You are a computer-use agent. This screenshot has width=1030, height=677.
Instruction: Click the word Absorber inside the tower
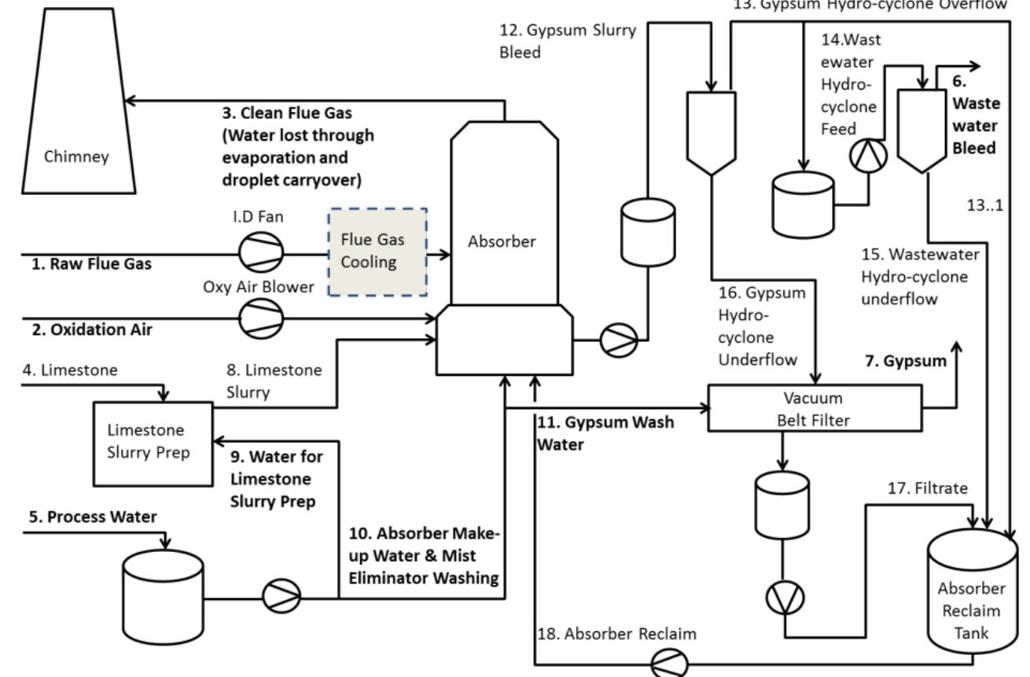(x=503, y=242)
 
